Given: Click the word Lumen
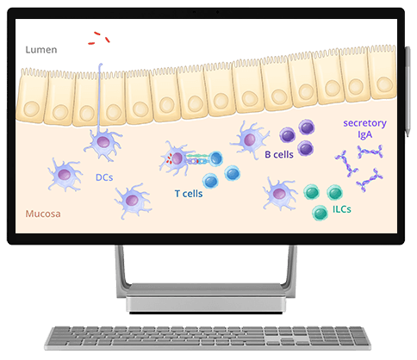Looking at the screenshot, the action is pos(41,50).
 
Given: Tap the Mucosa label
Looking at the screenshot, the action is pos(43,214).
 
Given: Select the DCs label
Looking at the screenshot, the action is pos(104,177).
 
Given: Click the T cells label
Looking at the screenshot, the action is pos(189,194).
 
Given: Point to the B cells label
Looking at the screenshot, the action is pos(279,154).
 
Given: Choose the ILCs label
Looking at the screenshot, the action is pos(342,209).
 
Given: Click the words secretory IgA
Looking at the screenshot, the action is pos(364,128).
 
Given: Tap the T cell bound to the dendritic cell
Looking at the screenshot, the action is pos(215,158).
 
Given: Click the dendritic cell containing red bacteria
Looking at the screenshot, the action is pos(176,158).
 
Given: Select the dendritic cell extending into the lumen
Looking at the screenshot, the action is pos(103,141).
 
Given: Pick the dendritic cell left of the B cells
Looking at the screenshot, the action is pos(249,140).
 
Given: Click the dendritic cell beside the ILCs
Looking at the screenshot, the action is pos(279,194).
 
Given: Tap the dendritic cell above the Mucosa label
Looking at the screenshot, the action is pos(65,175).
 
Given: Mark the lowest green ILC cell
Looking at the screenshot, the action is pos(320,213).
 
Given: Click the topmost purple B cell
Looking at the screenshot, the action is pos(307,127).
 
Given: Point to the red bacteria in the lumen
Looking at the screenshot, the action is pos(99,38).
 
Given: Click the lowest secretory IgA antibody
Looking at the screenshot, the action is pos(370,180).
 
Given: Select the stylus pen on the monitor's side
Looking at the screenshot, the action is pos(408,92).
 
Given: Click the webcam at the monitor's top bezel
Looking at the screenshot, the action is pos(217,12).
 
